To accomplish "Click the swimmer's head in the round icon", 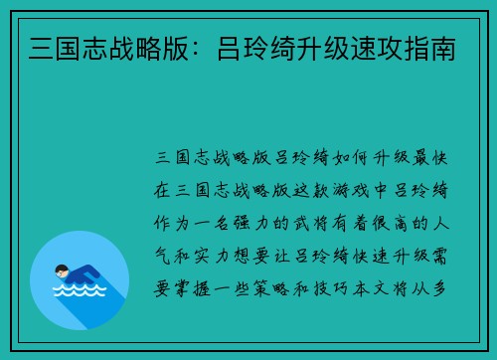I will click(x=63, y=270).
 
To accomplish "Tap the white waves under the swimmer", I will click(x=79, y=292).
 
